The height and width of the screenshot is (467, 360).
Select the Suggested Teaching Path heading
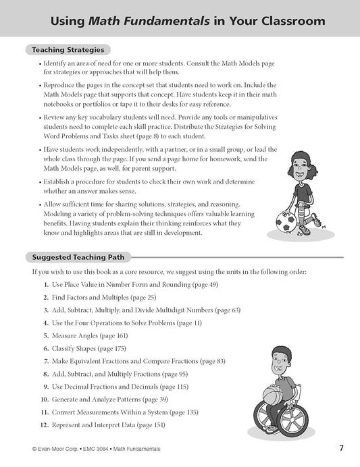[78, 256]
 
